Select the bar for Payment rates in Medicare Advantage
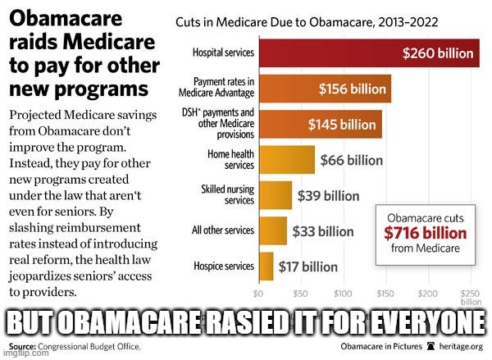(x=324, y=89)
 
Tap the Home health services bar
(x=286, y=159)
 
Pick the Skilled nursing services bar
(x=275, y=195)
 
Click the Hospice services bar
(x=266, y=266)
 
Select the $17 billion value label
(x=308, y=267)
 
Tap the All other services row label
(x=221, y=230)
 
